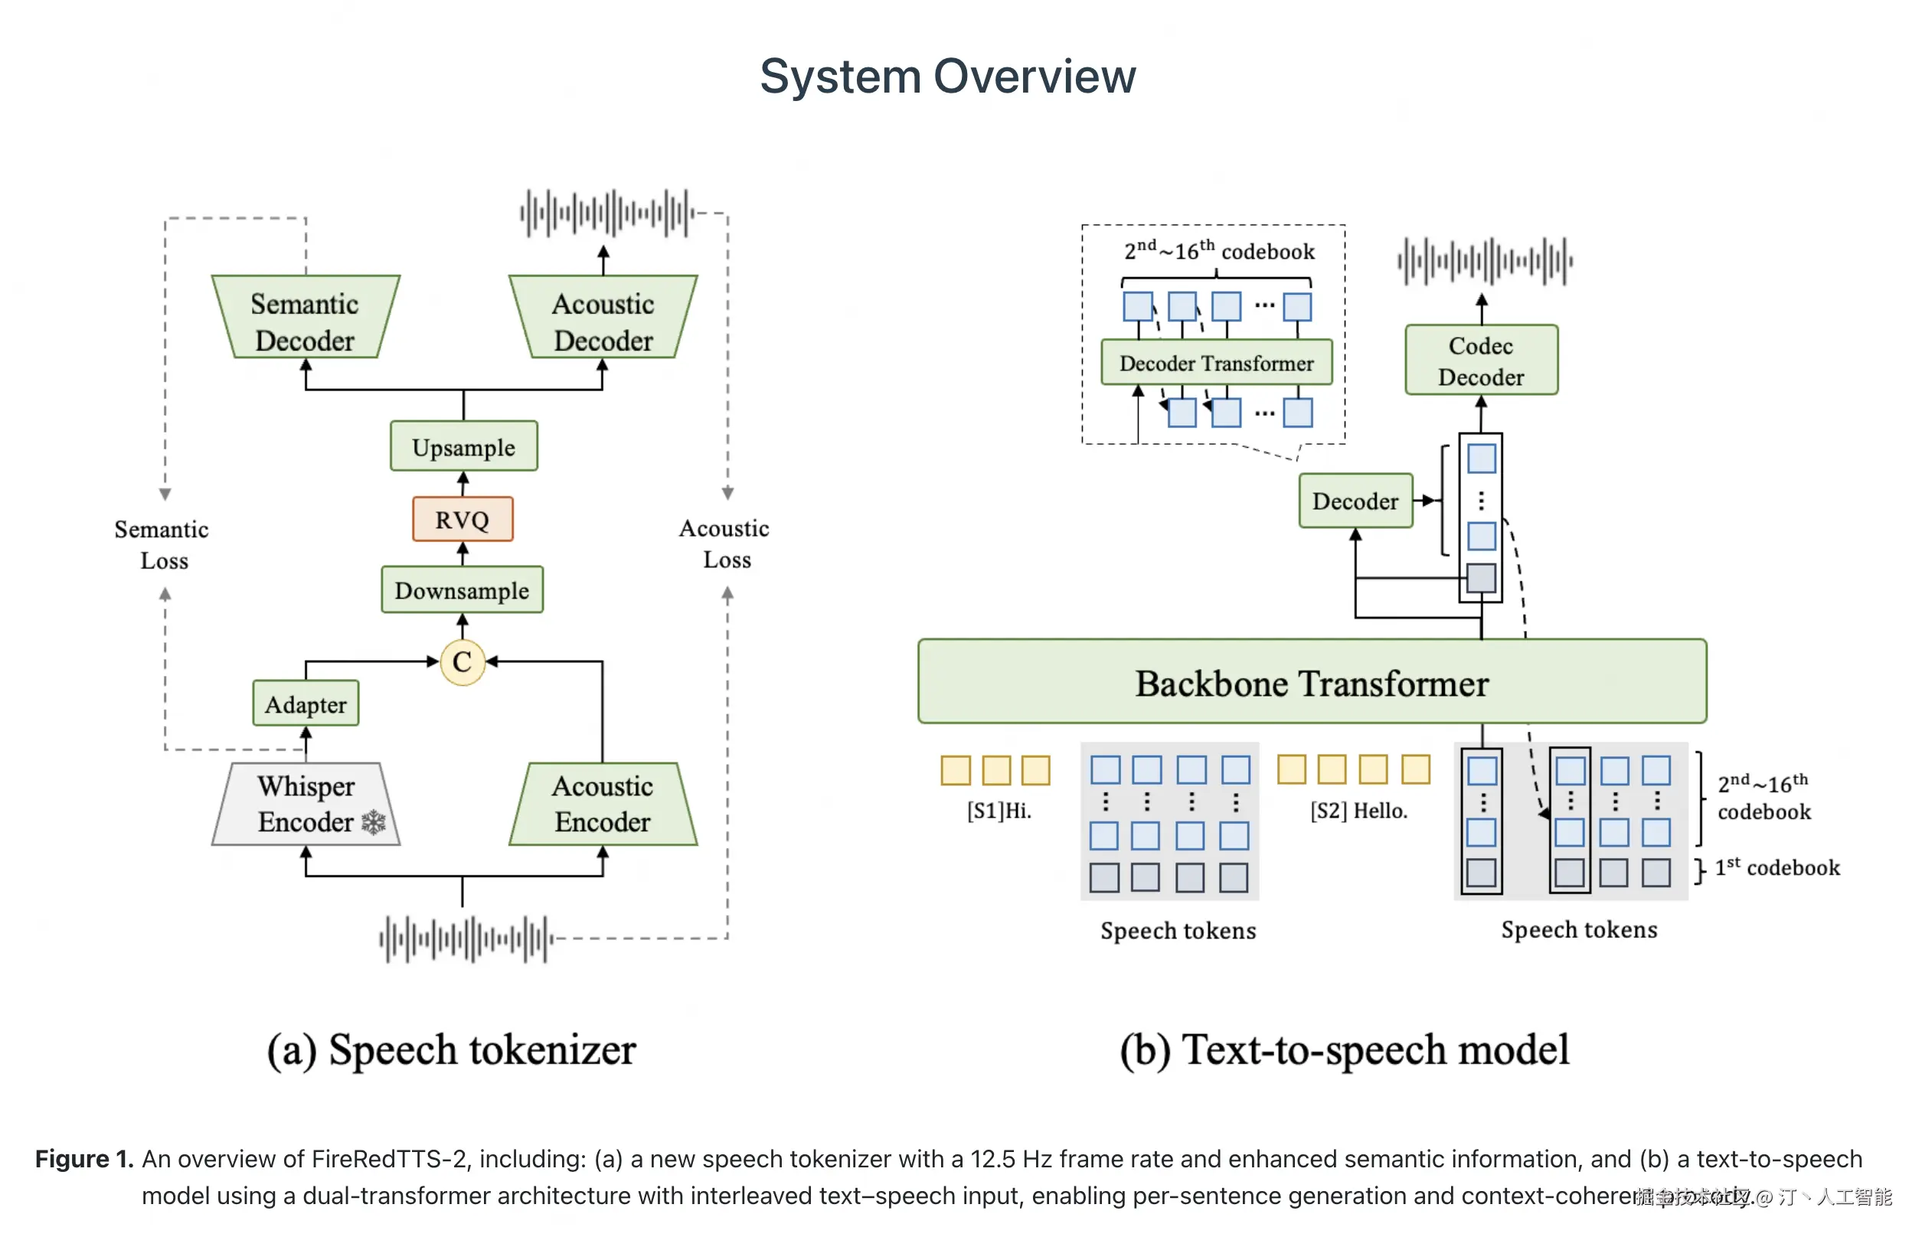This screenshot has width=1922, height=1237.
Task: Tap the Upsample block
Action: pos(463,446)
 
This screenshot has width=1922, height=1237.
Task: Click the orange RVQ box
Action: pos(462,520)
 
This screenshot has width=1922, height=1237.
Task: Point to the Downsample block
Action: pos(462,590)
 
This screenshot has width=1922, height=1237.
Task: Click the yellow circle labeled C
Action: pos(462,662)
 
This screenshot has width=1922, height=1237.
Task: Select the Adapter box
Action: pos(306,704)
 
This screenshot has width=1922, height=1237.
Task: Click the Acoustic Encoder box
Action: pos(603,804)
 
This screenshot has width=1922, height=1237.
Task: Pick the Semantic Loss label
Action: pos(163,544)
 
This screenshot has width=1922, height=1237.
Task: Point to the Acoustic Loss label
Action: pos(726,543)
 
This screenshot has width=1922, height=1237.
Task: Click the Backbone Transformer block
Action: pos(1312,683)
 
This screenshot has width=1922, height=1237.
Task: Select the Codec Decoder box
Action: pos(1481,361)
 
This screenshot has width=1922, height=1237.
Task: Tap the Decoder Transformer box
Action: pos(1216,363)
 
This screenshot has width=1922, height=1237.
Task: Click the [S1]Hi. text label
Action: pos(999,811)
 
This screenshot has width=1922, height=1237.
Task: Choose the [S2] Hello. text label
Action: pos(1358,811)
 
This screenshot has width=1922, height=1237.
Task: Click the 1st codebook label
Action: pos(1777,867)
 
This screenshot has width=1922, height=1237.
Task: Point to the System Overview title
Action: pos(948,77)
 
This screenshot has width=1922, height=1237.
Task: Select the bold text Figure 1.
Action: pos(83,1159)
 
